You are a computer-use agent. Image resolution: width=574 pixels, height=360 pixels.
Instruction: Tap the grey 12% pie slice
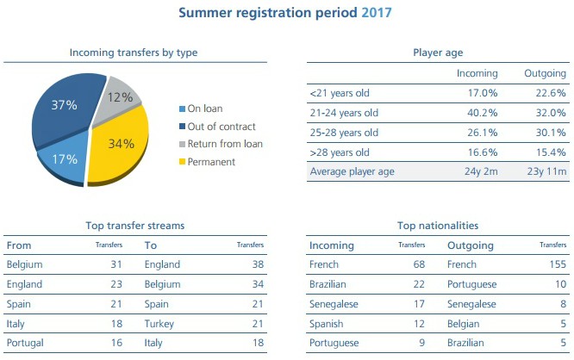coord(121,99)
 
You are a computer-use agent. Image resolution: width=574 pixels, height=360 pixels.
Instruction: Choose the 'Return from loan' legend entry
coord(225,144)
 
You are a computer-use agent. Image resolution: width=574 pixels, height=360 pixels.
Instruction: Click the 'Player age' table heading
coord(439,53)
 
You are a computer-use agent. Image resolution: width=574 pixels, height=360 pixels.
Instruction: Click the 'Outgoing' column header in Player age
coord(545,73)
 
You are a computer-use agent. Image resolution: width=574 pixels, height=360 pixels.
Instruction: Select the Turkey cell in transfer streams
coord(160,323)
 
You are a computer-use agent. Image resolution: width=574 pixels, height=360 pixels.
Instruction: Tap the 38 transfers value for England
coord(257,265)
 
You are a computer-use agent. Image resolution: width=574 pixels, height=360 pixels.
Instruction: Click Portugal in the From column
coord(25,343)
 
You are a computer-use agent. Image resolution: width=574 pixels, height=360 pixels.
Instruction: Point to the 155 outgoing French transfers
coord(557,265)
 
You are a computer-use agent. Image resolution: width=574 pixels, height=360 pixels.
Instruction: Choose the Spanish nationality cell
coord(327,323)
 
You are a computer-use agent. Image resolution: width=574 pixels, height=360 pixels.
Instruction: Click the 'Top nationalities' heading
coord(439,226)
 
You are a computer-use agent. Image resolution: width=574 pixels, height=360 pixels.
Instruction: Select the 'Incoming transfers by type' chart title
coord(134,53)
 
